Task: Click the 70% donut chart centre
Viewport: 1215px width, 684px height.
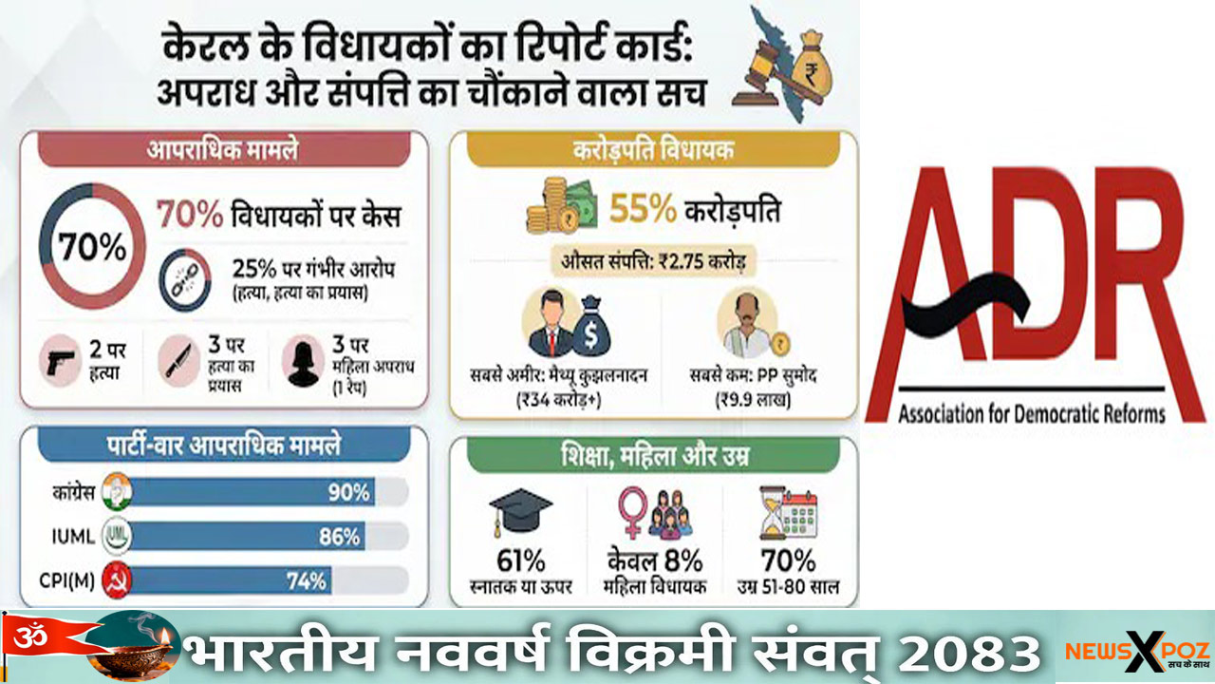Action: tap(92, 246)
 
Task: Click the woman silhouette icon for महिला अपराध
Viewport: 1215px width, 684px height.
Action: tap(302, 363)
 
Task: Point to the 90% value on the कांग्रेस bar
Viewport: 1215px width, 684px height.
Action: tap(348, 492)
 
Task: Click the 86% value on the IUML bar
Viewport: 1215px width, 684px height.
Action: tap(339, 537)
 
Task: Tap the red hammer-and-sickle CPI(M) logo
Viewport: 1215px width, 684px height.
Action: tap(117, 580)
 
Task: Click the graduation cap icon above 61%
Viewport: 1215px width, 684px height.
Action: tap(521, 513)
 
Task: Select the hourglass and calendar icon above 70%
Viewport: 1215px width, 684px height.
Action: tap(788, 513)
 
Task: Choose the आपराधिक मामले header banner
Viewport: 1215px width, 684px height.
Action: tap(224, 149)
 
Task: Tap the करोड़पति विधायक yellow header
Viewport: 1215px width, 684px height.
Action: tap(652, 149)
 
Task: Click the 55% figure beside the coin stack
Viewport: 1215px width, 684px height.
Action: tap(643, 210)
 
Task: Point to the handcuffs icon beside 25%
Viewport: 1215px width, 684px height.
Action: tap(185, 280)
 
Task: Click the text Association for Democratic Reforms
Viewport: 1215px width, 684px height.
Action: tap(1031, 413)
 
